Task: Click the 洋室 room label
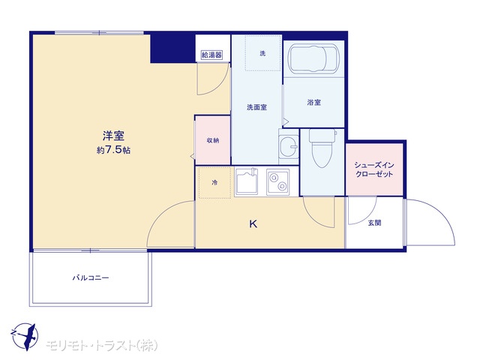click(113, 136)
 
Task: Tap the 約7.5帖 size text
click(113, 150)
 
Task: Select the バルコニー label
click(91, 278)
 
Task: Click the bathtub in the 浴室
click(314, 58)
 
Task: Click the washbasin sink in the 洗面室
click(289, 147)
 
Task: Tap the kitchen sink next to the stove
click(247, 181)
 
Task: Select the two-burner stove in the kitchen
click(278, 181)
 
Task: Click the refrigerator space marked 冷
click(214, 183)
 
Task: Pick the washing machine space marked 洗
click(263, 53)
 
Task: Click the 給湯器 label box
click(211, 55)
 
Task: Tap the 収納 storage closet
click(213, 140)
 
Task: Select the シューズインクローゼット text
click(374, 169)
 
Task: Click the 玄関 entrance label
click(374, 223)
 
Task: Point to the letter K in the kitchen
click(253, 224)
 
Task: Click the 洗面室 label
click(256, 107)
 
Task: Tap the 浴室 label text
click(314, 102)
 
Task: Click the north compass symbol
click(25, 337)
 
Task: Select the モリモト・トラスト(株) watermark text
click(102, 345)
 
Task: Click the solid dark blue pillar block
click(172, 48)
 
